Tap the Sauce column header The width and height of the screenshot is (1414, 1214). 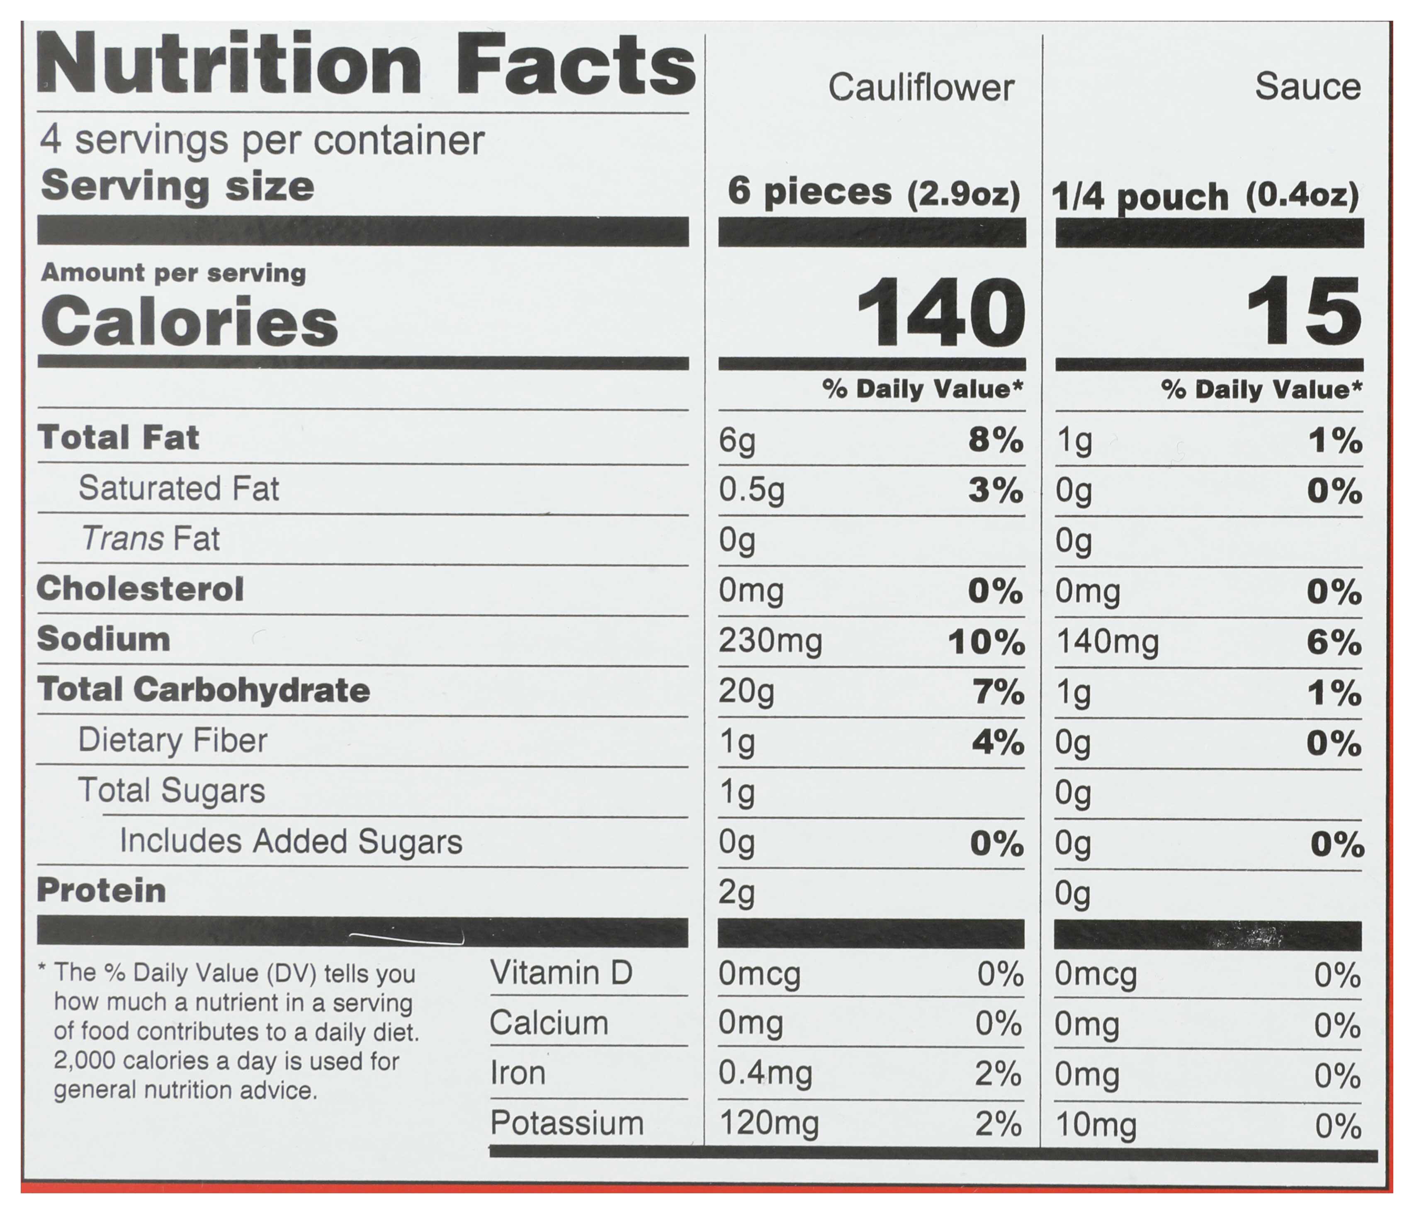pyautogui.click(x=1307, y=87)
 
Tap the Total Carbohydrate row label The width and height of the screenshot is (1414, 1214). pyautogui.click(x=203, y=690)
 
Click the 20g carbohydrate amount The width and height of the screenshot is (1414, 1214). pyautogui.click(x=746, y=692)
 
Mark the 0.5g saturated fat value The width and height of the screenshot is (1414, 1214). pyautogui.click(x=751, y=490)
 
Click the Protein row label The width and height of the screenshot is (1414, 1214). pyautogui.click(x=102, y=890)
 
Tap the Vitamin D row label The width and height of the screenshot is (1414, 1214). pyautogui.click(x=561, y=973)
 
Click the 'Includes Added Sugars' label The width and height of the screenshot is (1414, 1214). pyautogui.click(x=291, y=842)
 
